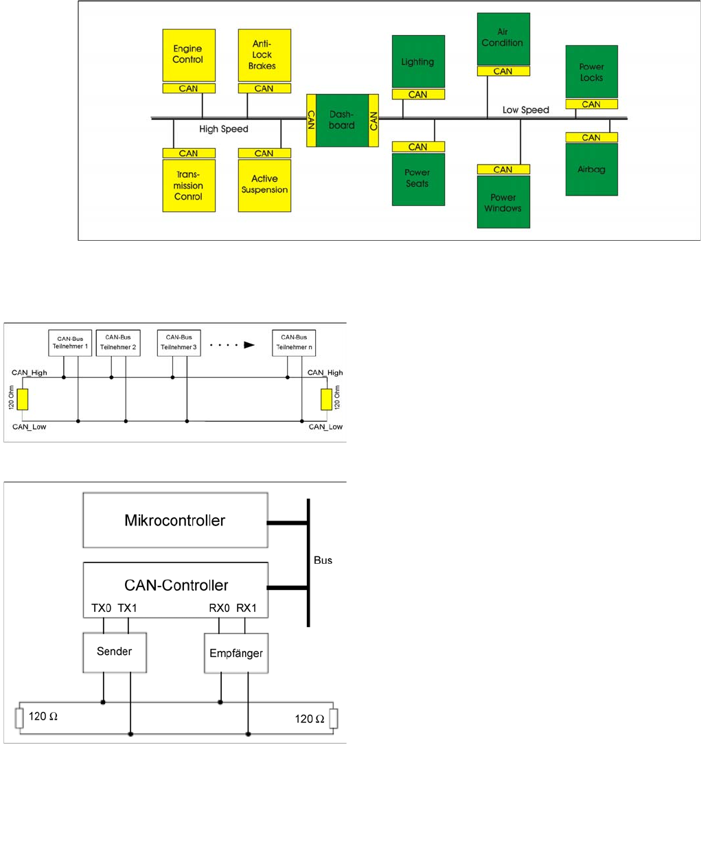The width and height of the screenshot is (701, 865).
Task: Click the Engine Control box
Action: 189,55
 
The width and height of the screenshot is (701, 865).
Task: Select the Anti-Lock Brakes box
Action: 264,55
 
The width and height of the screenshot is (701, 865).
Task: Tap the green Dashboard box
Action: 342,120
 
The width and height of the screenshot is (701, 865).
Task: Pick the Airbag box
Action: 591,169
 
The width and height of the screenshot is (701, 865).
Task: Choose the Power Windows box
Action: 503,202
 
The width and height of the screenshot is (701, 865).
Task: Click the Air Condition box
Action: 503,38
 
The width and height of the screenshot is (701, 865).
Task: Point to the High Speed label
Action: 224,129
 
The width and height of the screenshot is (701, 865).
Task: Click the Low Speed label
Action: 526,110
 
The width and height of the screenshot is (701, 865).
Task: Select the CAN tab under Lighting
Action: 418,95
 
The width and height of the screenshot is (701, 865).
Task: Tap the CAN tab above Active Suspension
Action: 264,154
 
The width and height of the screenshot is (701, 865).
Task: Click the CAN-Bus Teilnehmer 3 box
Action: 179,342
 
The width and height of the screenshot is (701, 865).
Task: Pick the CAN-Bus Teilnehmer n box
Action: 294,342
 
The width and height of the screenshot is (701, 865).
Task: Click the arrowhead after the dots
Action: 249,345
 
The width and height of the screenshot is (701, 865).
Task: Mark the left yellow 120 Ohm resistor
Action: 23,399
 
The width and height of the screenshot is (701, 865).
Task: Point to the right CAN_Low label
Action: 325,427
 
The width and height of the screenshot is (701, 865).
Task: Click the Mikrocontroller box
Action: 175,520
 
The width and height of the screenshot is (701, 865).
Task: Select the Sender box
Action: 115,652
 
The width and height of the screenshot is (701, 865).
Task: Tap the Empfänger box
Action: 236,653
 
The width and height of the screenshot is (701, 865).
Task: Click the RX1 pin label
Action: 246,608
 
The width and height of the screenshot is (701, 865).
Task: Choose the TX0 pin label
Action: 102,608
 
